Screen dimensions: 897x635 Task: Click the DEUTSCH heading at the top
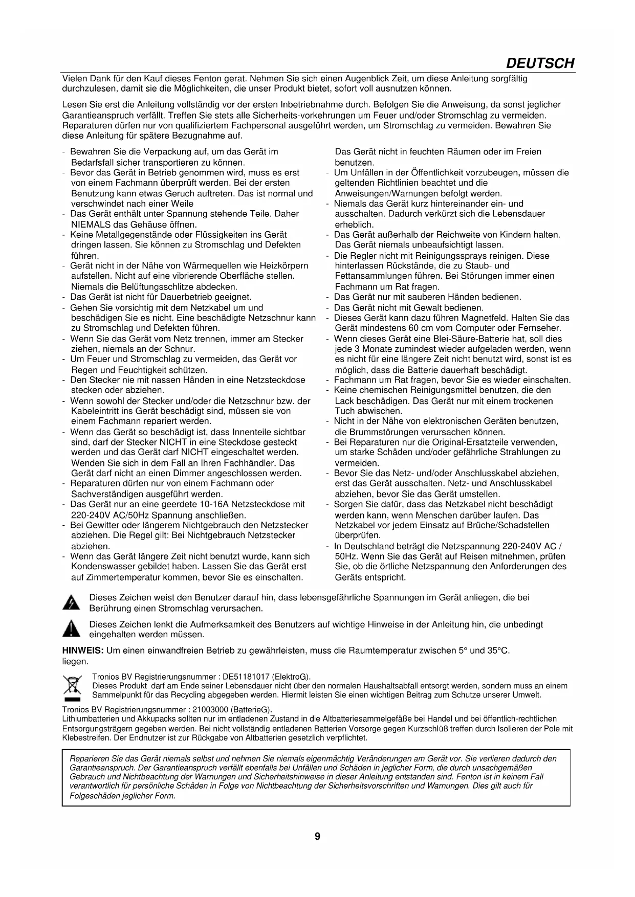[x=539, y=63]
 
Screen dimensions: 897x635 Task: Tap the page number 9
[x=317, y=836]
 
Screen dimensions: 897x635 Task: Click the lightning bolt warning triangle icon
[x=71, y=603]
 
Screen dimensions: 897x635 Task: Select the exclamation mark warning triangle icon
[x=71, y=630]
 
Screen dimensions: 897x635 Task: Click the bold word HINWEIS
[x=82, y=651]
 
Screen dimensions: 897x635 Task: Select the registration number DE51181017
[x=247, y=677]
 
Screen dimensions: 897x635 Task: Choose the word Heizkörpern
[x=284, y=266]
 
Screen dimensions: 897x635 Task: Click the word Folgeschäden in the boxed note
[x=92, y=796]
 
